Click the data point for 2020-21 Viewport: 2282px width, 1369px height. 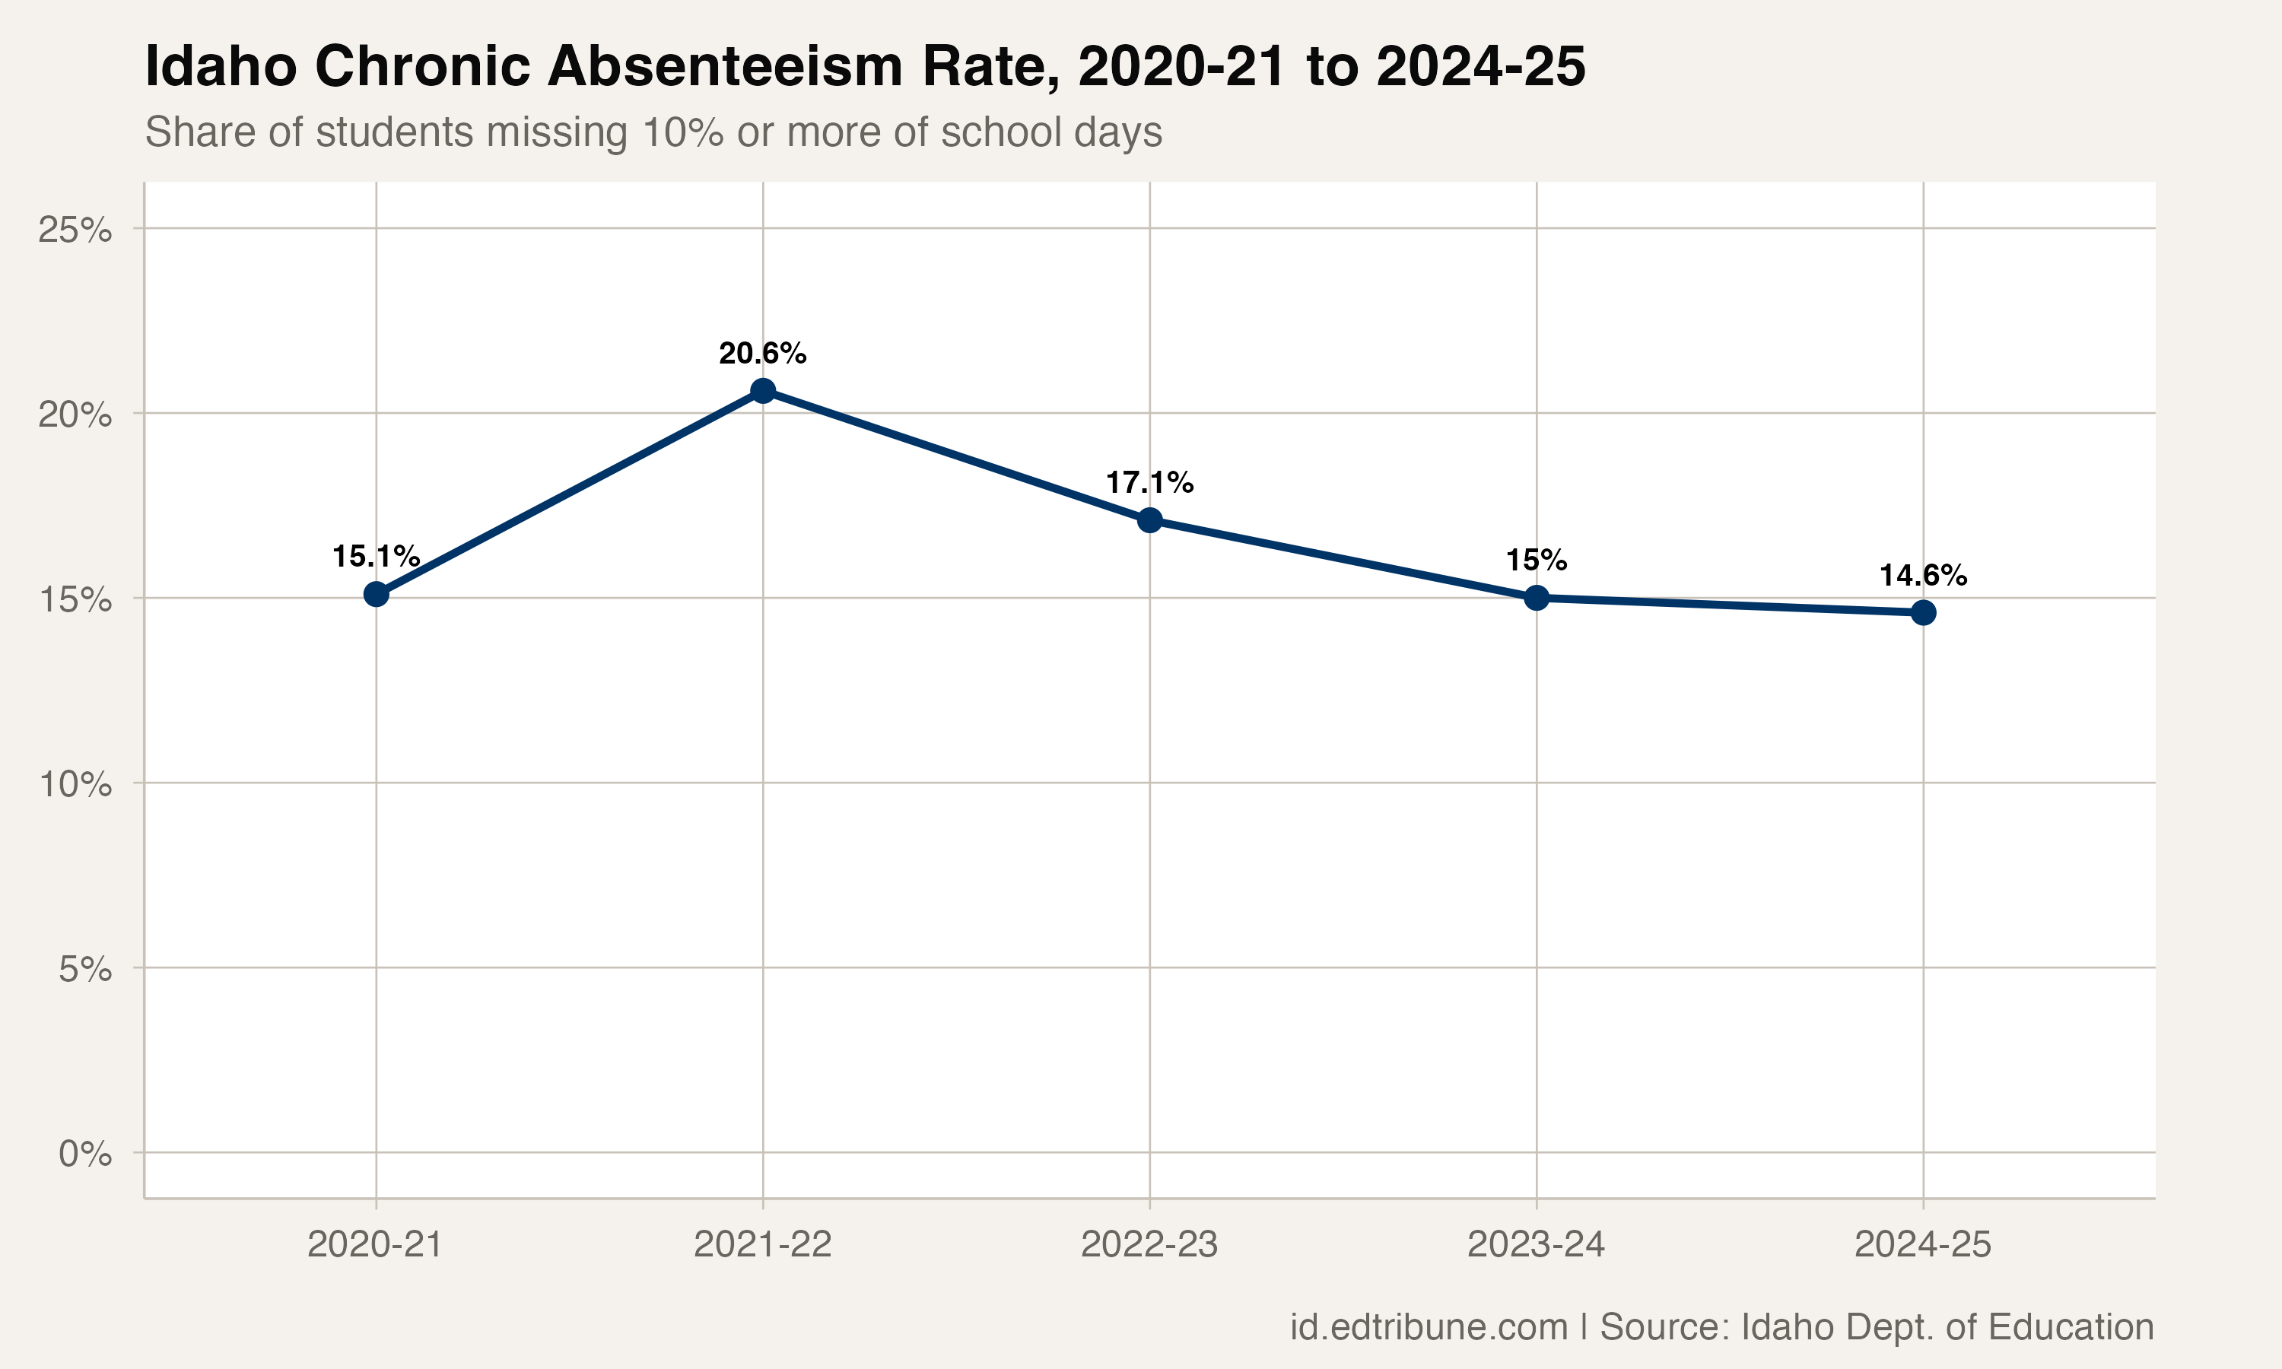(376, 594)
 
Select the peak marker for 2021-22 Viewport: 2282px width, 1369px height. (763, 391)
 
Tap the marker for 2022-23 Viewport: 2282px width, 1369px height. (1149, 520)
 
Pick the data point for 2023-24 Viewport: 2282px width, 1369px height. (1537, 598)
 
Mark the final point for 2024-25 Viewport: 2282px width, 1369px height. (1923, 612)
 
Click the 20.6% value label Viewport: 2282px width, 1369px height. (763, 354)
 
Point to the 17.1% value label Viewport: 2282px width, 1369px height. (1149, 482)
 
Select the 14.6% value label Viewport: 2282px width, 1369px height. (1923, 576)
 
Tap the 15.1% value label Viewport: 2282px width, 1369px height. (376, 556)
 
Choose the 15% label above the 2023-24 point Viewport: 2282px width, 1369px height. (1537, 560)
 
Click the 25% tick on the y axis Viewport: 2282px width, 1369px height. (75, 230)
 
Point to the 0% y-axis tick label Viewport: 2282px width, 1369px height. (85, 1154)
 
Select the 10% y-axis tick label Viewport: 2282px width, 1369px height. (75, 785)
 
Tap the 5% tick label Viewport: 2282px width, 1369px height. (85, 970)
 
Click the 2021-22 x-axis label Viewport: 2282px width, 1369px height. (763, 1245)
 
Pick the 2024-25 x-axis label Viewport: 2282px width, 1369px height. (1923, 1245)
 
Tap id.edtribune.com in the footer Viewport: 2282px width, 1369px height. (1429, 1326)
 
